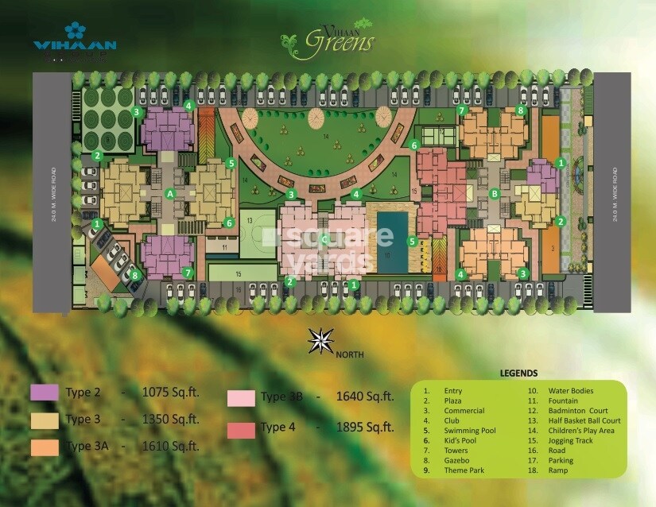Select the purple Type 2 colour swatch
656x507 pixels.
(x=44, y=392)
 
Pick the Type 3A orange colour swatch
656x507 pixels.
(x=44, y=447)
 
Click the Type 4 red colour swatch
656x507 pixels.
(x=241, y=429)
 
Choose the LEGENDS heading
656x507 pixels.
(x=518, y=373)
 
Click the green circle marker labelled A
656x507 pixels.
(x=169, y=193)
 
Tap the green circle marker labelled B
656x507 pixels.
(x=495, y=193)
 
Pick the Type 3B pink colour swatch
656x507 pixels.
(x=241, y=399)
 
